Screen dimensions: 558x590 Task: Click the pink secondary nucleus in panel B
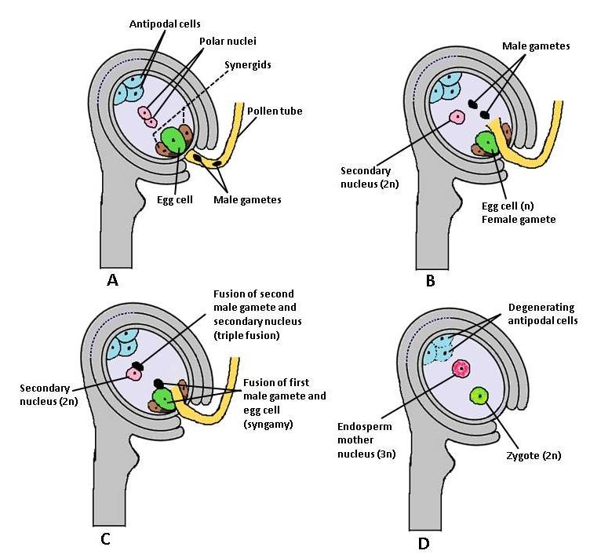tap(456, 117)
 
